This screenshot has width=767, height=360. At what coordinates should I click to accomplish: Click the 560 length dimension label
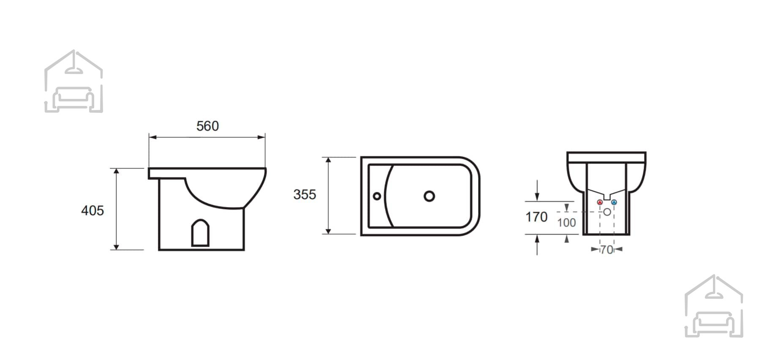[207, 126]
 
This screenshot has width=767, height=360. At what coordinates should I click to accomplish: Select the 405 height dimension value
[92, 210]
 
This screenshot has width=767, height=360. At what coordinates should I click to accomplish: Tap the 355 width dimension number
[305, 194]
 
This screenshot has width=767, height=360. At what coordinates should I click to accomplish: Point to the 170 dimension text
[536, 217]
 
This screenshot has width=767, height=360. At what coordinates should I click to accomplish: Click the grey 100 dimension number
[566, 222]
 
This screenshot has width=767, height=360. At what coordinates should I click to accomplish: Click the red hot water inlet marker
[600, 202]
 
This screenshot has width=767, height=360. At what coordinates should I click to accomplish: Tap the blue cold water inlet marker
[614, 202]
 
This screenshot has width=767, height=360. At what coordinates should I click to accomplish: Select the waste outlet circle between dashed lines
[607, 212]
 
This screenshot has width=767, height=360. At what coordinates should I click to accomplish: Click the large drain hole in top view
[429, 196]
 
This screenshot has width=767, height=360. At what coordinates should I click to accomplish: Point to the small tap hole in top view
[377, 196]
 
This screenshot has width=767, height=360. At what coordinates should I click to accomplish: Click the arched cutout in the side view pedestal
[200, 232]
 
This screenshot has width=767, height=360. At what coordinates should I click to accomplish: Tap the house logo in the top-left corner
[73, 81]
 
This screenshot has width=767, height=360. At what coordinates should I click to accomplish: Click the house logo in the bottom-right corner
[714, 306]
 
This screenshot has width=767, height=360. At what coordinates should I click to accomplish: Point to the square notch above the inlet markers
[607, 197]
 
